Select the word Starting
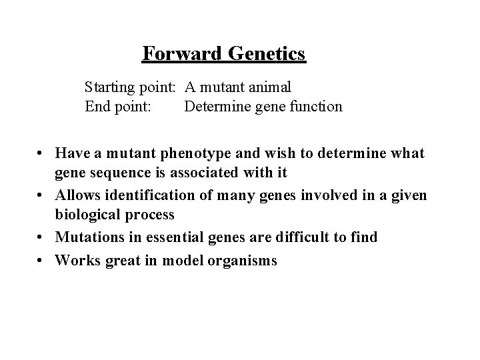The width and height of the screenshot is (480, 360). tap(108, 87)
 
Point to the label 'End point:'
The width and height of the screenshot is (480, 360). tap(111, 106)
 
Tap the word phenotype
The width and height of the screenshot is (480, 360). tap(191, 153)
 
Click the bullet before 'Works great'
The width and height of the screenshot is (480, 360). tap(42, 261)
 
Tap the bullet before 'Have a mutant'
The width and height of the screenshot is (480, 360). tap(42, 154)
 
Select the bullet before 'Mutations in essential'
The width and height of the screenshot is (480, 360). tap(42, 238)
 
